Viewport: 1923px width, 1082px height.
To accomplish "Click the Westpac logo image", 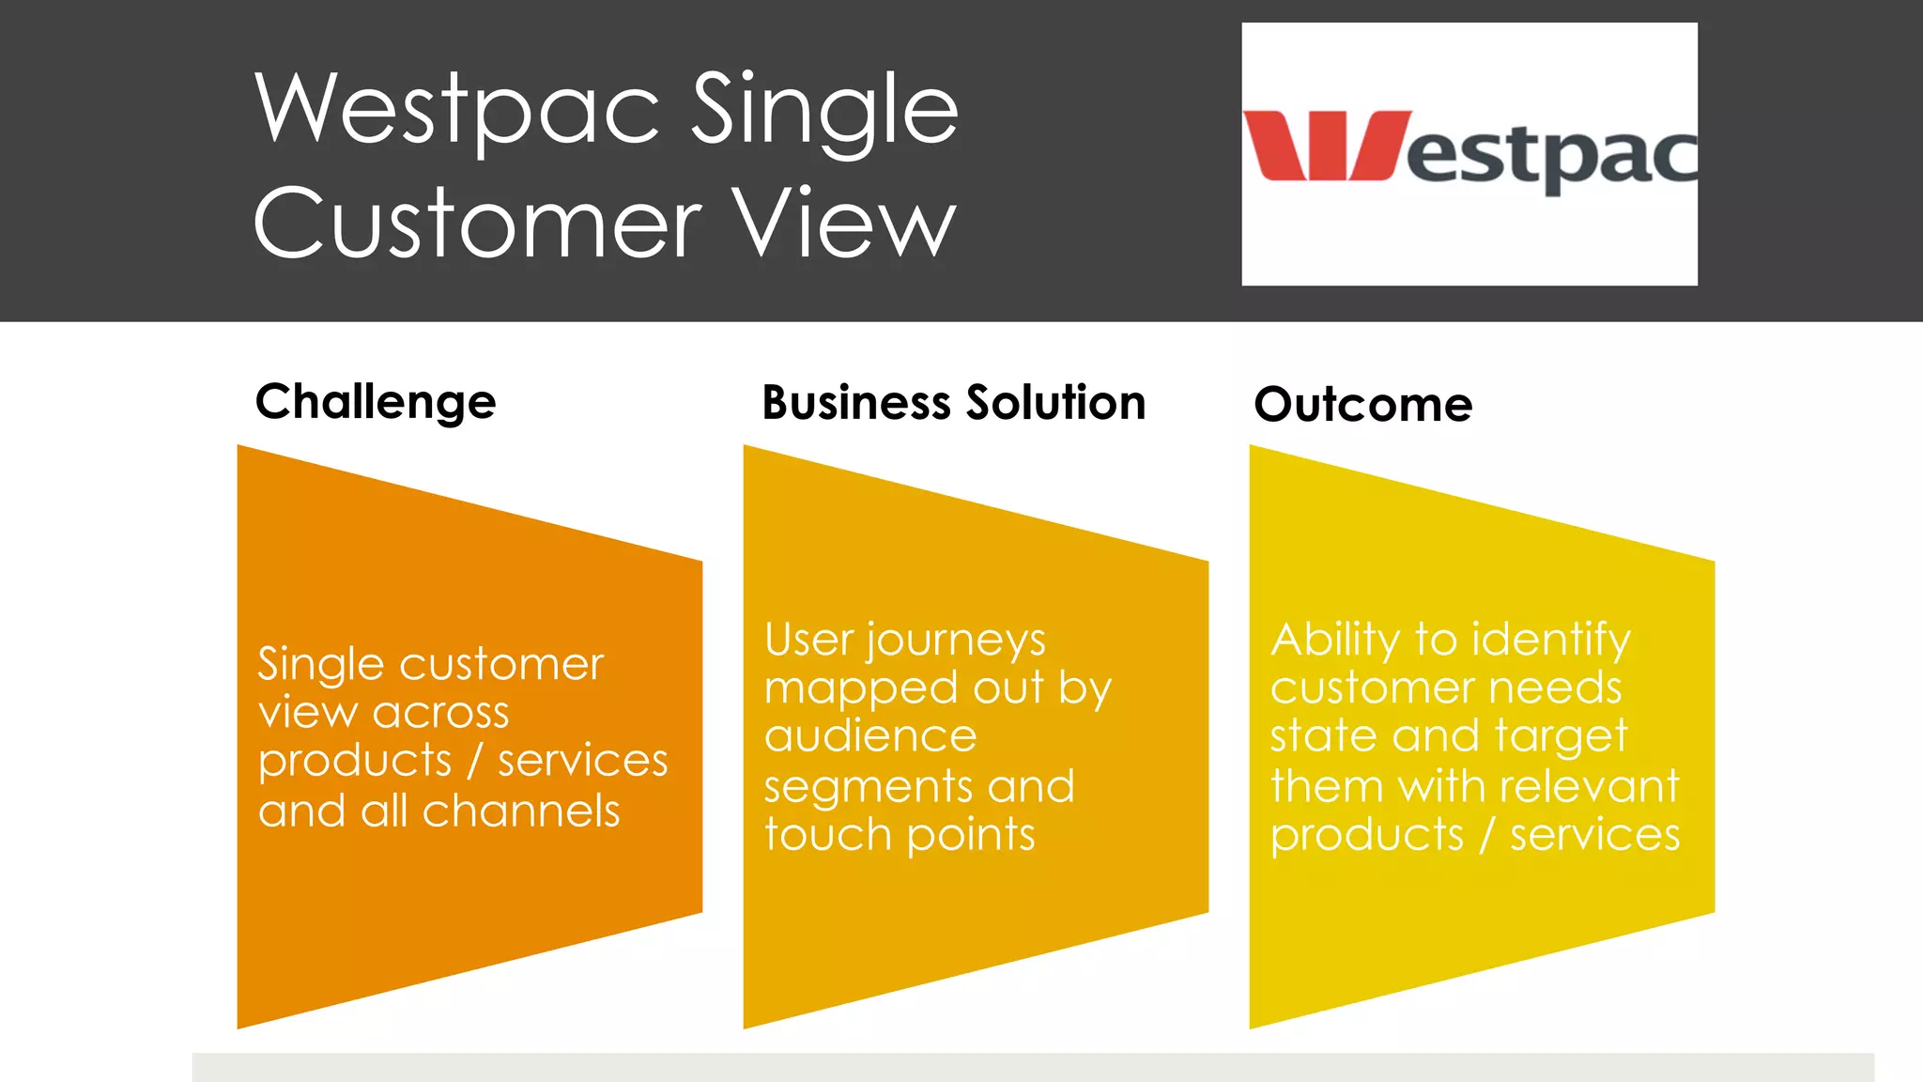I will pyautogui.click(x=1469, y=154).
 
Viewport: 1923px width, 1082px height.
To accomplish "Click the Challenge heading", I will pyautogui.click(x=376, y=403).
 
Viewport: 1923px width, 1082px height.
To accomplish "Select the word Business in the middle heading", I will pyautogui.click(x=856, y=403).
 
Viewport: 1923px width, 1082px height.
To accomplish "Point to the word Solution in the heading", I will pyautogui.click(x=1055, y=403).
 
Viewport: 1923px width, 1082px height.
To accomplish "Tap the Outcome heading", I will pyautogui.click(x=1362, y=405).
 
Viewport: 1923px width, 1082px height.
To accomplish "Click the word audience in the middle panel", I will pyautogui.click(x=870, y=736).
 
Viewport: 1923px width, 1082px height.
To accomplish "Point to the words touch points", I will pyautogui.click(x=900, y=834).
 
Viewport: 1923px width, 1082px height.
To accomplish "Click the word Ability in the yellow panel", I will pyautogui.click(x=1335, y=641).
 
